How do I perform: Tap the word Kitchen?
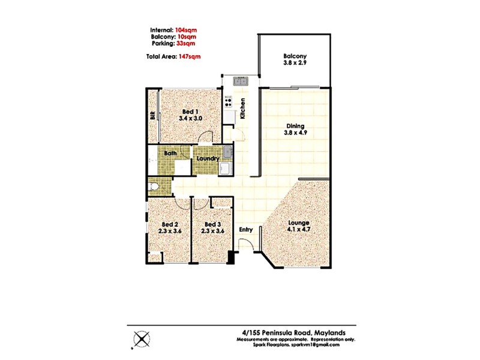click(243, 109)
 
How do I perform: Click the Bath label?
click(171, 154)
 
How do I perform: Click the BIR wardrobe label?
click(153, 116)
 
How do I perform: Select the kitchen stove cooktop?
click(228, 100)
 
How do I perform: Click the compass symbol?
click(142, 339)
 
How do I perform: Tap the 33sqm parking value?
click(186, 43)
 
